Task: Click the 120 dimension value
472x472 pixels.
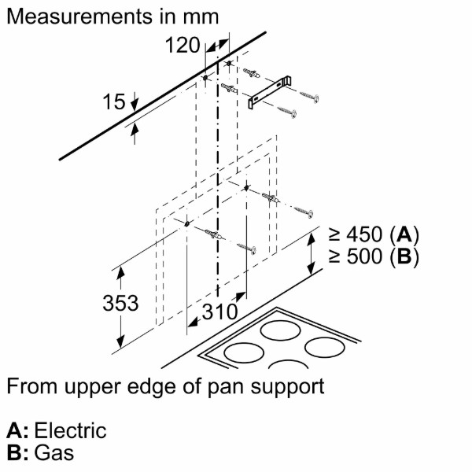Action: point(183,45)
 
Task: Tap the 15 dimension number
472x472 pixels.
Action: point(114,101)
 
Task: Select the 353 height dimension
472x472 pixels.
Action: point(120,303)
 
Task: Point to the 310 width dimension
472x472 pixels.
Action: point(219,312)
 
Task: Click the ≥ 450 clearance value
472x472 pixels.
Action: point(356,234)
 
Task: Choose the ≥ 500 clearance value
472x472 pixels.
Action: point(356,256)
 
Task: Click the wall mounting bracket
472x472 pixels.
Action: point(269,92)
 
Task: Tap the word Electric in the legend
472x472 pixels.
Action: point(71,430)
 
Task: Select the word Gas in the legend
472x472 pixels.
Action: point(54,453)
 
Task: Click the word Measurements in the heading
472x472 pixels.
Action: point(79,17)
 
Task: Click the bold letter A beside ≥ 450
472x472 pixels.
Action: point(404,234)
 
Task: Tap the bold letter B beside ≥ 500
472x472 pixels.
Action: point(404,256)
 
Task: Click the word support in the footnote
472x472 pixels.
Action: point(287,387)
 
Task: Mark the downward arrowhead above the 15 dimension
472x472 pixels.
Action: point(135,105)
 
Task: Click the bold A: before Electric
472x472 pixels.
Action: point(17,430)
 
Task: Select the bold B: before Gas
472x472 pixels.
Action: point(17,453)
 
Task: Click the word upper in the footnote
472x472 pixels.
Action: point(91,387)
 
